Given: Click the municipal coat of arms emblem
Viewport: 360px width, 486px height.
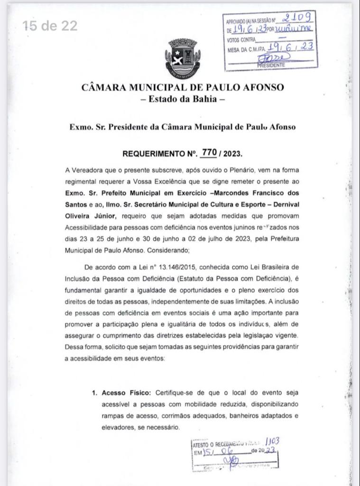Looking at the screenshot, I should (x=183, y=57).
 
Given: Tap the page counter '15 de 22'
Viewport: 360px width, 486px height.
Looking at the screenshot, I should (x=50, y=26).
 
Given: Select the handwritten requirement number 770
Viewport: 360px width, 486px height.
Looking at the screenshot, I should (x=209, y=152).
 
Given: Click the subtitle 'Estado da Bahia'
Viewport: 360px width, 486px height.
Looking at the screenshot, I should (x=183, y=99).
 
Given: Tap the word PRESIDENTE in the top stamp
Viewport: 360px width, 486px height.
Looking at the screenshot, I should (x=271, y=65).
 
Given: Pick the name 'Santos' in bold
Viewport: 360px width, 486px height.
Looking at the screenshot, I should (x=76, y=205).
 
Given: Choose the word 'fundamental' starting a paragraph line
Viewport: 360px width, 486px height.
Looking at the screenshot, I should (x=84, y=290).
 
